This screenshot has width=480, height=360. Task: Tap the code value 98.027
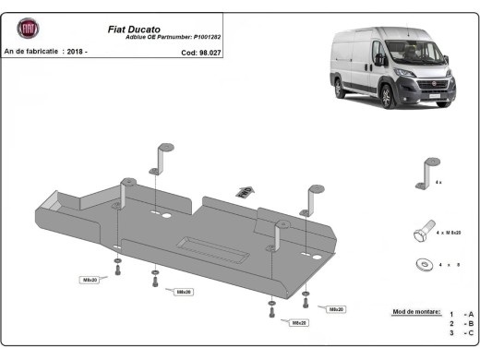pos(210,53)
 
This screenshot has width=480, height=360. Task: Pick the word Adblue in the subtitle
pos(137,36)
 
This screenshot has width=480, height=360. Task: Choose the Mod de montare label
pos(416,314)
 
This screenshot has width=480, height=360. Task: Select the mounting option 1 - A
pos(461,315)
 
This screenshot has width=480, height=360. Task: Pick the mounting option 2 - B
pos(461,325)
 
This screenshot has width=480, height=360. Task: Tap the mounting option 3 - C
pos(461,335)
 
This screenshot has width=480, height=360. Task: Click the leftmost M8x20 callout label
pos(90,279)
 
